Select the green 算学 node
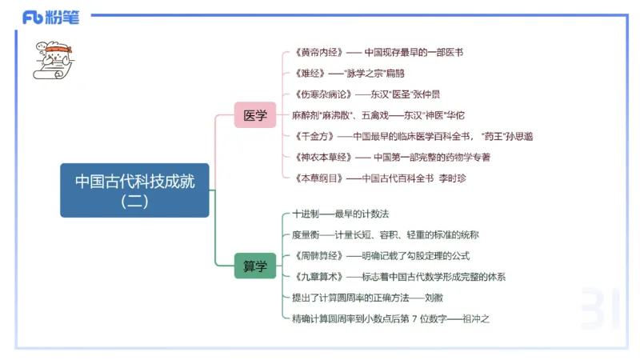tap(255, 266)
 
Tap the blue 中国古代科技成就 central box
tap(134, 190)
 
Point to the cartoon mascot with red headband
tap(52, 58)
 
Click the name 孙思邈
tap(520, 136)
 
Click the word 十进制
tap(306, 214)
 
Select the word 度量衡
tap(306, 235)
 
